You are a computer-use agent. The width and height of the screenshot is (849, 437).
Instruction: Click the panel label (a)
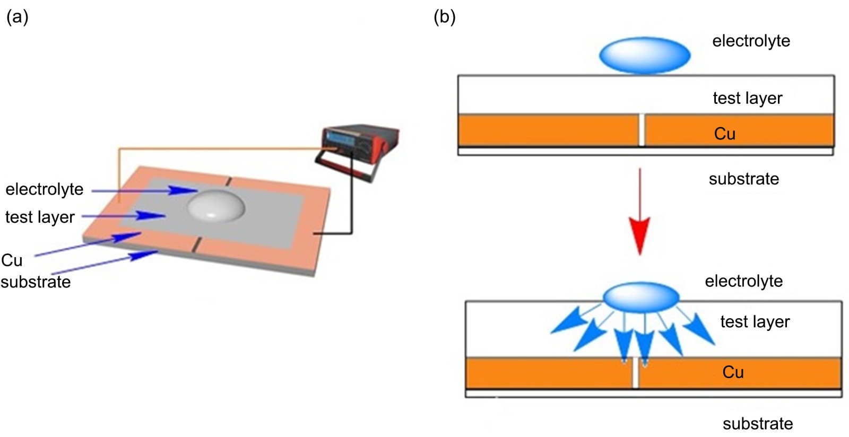[17, 17]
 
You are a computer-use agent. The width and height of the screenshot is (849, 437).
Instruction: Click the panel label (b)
[445, 17]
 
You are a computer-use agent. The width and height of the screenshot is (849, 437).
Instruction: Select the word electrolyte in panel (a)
[45, 189]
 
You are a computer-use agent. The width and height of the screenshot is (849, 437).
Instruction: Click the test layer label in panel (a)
[40, 217]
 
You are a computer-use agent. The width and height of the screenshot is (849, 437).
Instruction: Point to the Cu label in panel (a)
[12, 260]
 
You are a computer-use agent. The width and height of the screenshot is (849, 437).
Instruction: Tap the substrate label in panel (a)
[36, 282]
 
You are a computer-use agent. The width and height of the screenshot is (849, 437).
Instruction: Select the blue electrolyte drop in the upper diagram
[645, 55]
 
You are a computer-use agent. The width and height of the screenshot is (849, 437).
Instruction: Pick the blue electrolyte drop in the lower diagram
[642, 296]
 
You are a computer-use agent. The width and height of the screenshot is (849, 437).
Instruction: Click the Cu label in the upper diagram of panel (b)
[725, 134]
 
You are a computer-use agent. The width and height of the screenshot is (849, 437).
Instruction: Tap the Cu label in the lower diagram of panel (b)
[733, 372]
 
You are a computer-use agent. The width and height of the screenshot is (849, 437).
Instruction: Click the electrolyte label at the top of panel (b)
[751, 41]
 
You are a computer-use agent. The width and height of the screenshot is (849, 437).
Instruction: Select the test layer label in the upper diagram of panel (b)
[747, 98]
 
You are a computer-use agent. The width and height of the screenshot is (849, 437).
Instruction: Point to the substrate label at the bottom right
[757, 424]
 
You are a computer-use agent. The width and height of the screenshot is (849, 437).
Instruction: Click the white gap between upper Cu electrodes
[642, 130]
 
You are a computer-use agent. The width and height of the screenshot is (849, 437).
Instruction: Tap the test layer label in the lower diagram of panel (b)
[755, 322]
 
